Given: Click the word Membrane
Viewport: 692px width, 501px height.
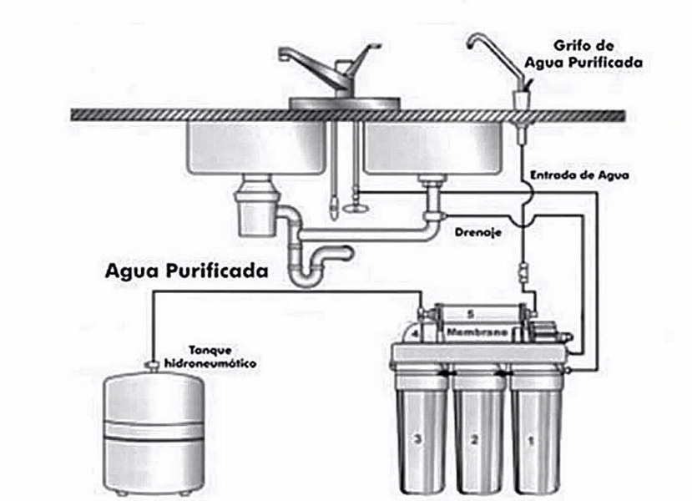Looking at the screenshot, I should (474, 332).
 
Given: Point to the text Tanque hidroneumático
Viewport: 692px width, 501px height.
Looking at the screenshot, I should (210, 358).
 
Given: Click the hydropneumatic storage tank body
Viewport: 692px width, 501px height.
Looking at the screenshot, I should (154, 434).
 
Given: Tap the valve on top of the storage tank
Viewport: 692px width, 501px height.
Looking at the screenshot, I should (154, 365).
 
